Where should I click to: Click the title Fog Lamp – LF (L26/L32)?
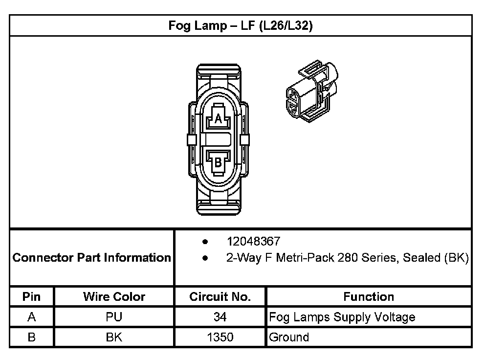click(x=241, y=26)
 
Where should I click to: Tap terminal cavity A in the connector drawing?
click(x=219, y=117)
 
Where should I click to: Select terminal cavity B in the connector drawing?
click(x=219, y=163)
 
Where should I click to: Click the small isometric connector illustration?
click(x=312, y=91)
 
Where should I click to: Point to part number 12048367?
click(x=253, y=241)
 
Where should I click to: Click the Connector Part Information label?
click(x=91, y=258)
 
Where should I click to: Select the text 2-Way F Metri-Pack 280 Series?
click(x=311, y=258)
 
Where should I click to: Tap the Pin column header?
click(x=32, y=296)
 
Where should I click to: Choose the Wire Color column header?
click(x=114, y=296)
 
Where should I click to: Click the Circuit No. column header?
click(x=220, y=296)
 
